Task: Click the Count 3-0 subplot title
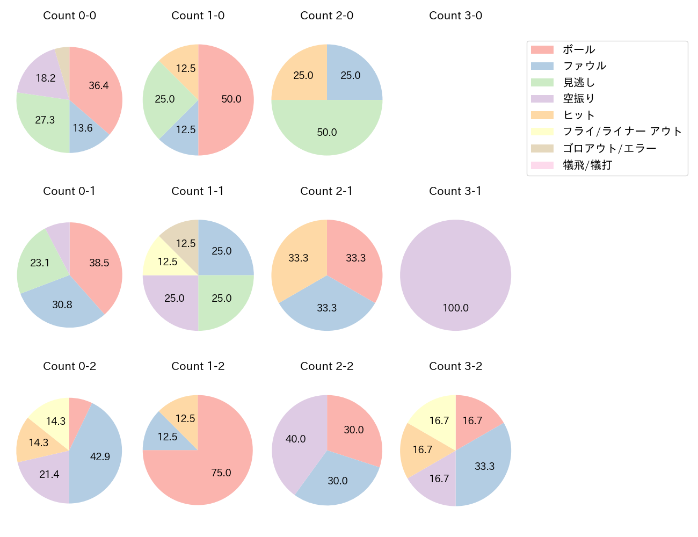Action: [455, 16]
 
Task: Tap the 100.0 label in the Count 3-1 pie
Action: [455, 308]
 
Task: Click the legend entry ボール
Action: [579, 49]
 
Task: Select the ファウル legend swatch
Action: [542, 66]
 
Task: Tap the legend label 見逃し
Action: [579, 83]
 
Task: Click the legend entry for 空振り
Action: [579, 99]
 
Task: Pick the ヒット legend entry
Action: [579, 115]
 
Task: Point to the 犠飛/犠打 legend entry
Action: [587, 165]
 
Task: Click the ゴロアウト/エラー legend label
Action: [609, 148]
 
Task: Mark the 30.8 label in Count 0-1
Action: [62, 304]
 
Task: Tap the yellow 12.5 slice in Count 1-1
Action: [164, 260]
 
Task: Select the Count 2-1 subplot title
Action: [326, 191]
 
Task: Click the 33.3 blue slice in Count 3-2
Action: [483, 465]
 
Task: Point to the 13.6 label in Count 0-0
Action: [83, 128]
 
